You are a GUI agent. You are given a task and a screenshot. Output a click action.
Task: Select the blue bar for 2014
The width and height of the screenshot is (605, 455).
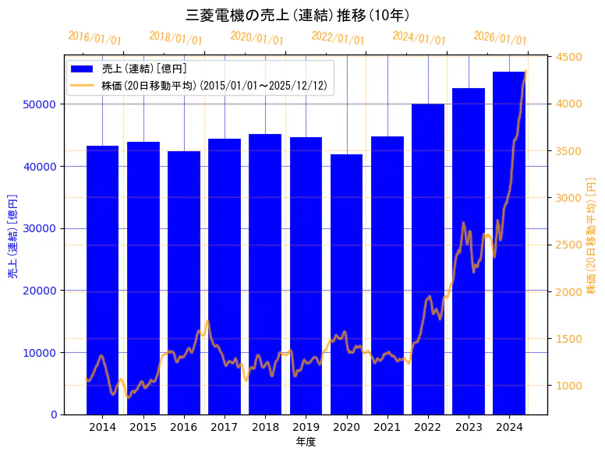pyautogui.click(x=102, y=280)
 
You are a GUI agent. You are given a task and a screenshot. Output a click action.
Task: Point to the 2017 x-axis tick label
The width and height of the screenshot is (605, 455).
pyautogui.click(x=225, y=427)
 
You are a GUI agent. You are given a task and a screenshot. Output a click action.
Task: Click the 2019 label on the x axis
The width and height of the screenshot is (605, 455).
pyautogui.click(x=306, y=427)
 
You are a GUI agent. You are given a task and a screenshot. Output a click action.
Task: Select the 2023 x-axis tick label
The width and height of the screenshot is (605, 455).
pyautogui.click(x=469, y=427)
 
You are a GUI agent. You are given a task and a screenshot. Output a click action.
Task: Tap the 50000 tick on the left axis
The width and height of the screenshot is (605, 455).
pyautogui.click(x=43, y=104)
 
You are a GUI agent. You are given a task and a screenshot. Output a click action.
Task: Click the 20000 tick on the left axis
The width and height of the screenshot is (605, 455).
pyautogui.click(x=43, y=291)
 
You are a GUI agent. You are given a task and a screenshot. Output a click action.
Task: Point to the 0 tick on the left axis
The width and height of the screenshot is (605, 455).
pyautogui.click(x=54, y=414)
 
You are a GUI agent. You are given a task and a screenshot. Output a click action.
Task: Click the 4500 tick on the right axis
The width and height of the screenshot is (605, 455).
pyautogui.click(x=568, y=57)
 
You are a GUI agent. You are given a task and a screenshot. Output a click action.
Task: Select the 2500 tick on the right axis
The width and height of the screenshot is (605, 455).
pyautogui.click(x=568, y=245)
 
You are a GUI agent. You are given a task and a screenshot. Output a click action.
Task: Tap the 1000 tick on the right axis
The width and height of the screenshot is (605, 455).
pyautogui.click(x=568, y=386)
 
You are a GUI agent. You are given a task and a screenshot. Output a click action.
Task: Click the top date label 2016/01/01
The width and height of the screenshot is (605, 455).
pyautogui.click(x=95, y=37)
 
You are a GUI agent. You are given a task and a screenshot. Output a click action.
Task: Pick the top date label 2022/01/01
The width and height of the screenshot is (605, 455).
pyautogui.click(x=338, y=37)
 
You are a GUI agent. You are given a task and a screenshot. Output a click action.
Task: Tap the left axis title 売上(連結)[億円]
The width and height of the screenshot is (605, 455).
pyautogui.click(x=12, y=235)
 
